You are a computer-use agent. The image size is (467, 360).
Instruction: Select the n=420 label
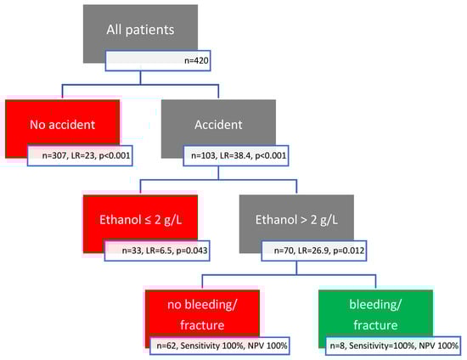coord(158,61)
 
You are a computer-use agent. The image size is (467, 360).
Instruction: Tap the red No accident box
coord(62,124)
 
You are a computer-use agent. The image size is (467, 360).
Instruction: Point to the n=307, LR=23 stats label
coord(80,155)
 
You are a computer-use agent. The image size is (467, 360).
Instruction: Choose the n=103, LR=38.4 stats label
coord(236,155)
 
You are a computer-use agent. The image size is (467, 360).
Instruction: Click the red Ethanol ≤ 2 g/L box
coord(140,219)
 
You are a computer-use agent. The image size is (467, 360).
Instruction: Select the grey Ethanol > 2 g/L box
coord(296,219)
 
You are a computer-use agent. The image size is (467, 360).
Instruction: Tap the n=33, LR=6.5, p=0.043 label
coord(157,250)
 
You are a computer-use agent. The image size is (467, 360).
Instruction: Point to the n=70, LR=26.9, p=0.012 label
coord(314,250)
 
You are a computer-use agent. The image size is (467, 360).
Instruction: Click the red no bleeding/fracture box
coord(202,314)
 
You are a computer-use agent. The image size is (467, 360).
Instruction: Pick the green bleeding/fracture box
coord(375,314)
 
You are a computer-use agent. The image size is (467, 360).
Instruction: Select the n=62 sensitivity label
coord(220,346)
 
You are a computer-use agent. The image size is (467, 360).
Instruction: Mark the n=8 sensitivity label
coord(394,346)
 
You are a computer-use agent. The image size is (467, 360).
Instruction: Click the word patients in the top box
coord(149,30)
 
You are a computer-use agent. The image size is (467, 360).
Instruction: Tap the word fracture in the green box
coord(375,325)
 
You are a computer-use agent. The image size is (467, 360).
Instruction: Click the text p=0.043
coord(192,250)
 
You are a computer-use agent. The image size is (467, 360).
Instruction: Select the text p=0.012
coord(348,250)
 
